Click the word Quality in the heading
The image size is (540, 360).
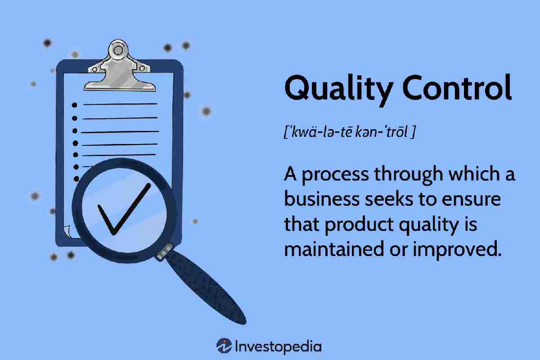pyautogui.click(x=339, y=89)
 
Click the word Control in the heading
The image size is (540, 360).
pyautogui.click(x=457, y=87)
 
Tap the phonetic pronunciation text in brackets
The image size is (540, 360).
pyautogui.click(x=350, y=132)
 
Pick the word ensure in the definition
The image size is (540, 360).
pyautogui.click(x=471, y=201)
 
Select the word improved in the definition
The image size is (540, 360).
pyautogui.click(x=457, y=250)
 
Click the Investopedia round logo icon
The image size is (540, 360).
pyautogui.click(x=224, y=346)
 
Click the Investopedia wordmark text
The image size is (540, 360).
pyautogui.click(x=278, y=347)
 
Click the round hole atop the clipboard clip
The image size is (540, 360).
pyautogui.click(x=118, y=50)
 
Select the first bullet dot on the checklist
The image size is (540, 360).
pyautogui.click(x=75, y=105)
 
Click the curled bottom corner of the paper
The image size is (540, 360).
pyautogui.click(x=67, y=231)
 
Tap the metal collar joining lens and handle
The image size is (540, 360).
pyautogui.click(x=165, y=252)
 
